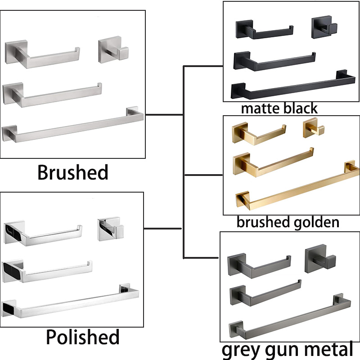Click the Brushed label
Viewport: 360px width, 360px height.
(x=72, y=172)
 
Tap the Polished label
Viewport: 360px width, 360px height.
(x=83, y=337)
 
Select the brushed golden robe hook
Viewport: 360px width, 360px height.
(x=313, y=128)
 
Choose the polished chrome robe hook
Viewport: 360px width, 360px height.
(x=110, y=229)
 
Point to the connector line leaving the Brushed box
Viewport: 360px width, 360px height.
(x=164, y=114)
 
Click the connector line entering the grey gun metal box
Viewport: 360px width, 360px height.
(x=201, y=258)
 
